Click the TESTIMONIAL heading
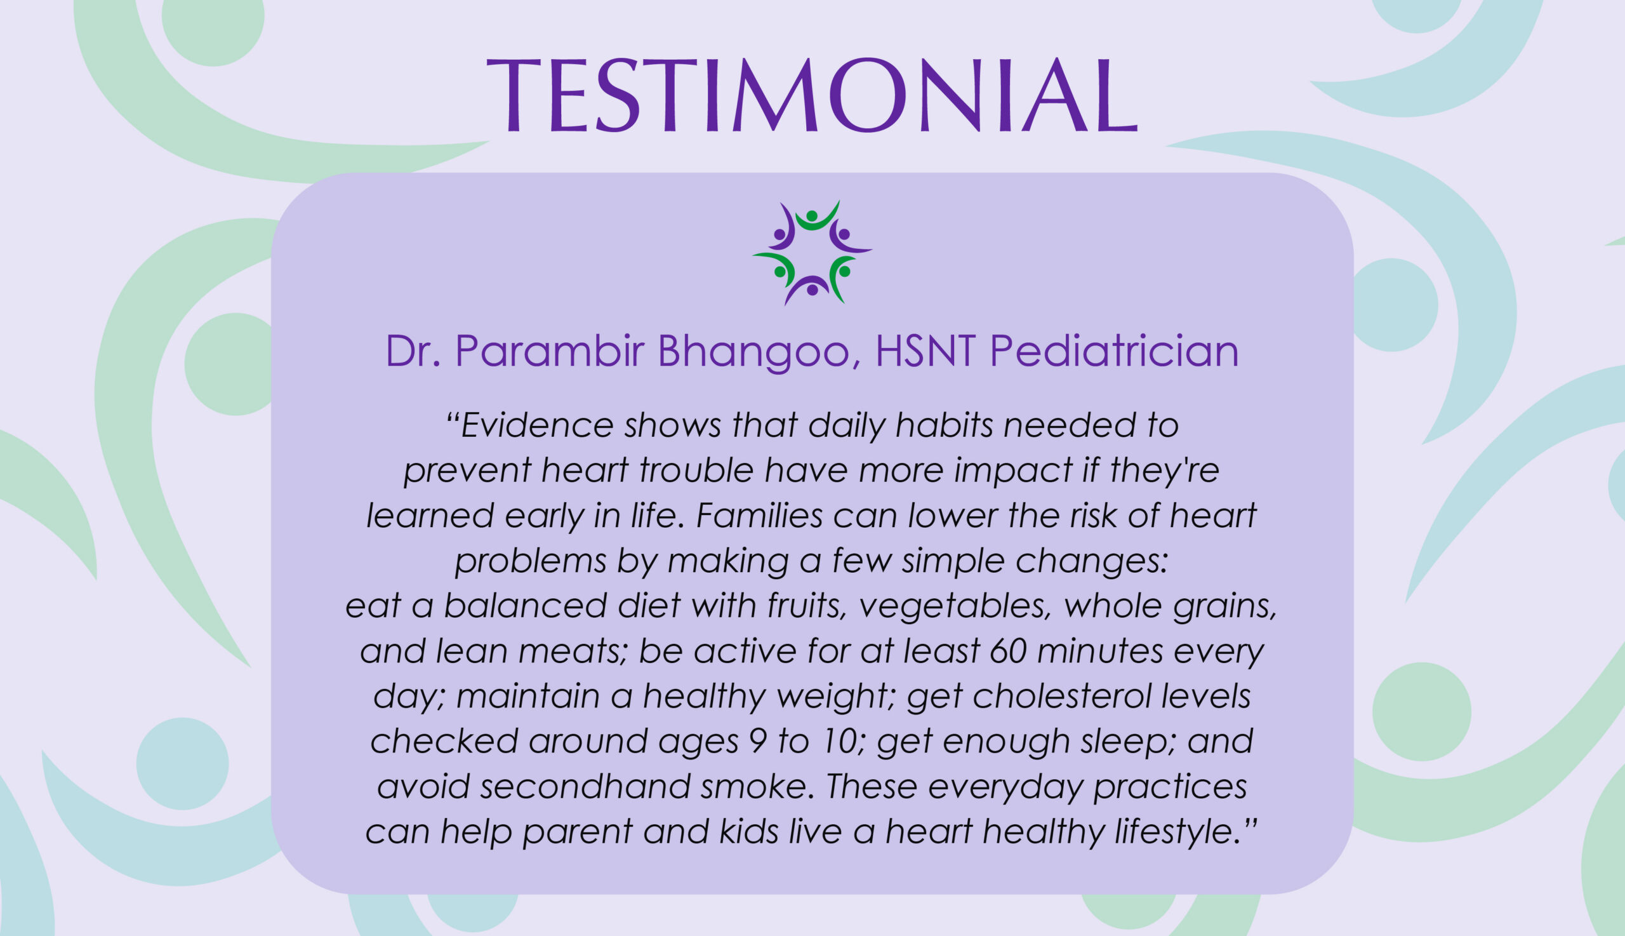812,95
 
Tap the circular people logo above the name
812,252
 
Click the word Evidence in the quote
537,425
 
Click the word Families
759,516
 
